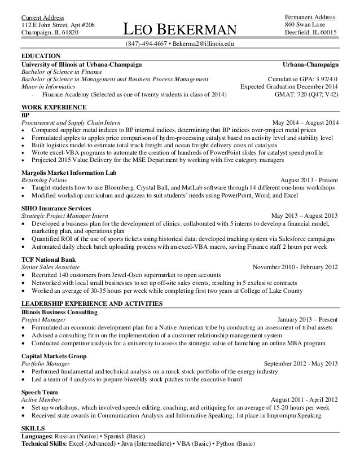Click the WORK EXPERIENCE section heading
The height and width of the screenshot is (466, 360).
coord(54,107)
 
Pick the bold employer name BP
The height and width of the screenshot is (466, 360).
coord(25,114)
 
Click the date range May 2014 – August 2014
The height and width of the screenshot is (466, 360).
coord(305,122)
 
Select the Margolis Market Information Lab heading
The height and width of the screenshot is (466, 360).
coord(69,172)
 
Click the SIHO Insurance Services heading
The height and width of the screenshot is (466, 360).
coord(59,208)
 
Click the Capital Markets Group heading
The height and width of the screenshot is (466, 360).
coord(53,357)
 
